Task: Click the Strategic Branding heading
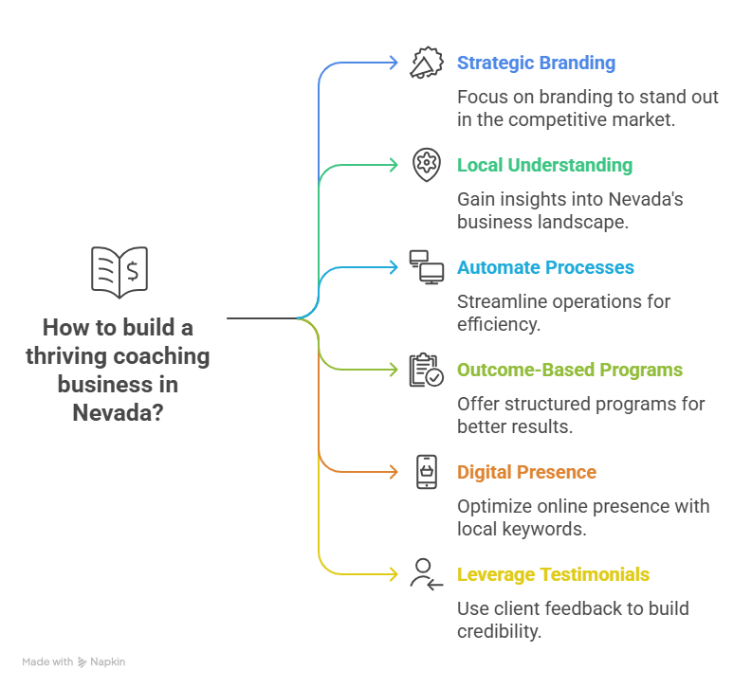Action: point(536,63)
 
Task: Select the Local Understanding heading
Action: point(544,165)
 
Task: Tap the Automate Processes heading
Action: point(545,267)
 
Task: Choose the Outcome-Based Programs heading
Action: point(570,370)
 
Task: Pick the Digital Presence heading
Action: point(526,472)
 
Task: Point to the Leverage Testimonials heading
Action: point(553,574)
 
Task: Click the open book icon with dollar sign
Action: point(119,272)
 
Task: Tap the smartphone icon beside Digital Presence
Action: point(427,472)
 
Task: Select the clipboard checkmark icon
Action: point(426,370)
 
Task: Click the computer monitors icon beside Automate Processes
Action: point(426,267)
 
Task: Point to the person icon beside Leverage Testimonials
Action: point(426,574)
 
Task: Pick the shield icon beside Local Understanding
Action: point(427,165)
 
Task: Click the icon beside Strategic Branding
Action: point(426,63)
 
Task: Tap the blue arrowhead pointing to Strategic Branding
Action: point(394,63)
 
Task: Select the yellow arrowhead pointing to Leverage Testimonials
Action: point(394,574)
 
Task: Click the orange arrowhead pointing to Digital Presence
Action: point(394,472)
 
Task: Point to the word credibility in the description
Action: point(499,631)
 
